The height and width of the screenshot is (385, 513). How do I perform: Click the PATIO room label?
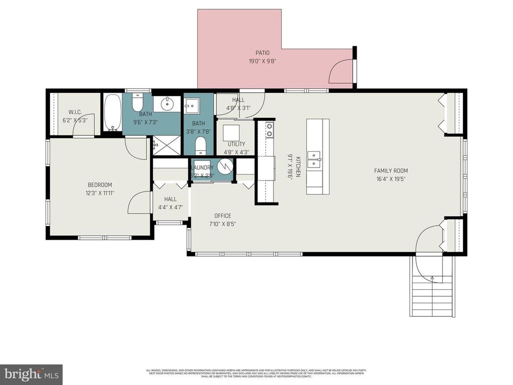pyautogui.click(x=263, y=53)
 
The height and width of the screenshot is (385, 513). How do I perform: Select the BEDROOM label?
pyautogui.click(x=100, y=184)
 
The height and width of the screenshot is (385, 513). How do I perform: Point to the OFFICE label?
pyautogui.click(x=222, y=216)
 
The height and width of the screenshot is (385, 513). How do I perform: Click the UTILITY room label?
pyautogui.click(x=236, y=144)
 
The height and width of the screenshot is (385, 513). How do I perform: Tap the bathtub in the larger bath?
pyautogui.click(x=112, y=112)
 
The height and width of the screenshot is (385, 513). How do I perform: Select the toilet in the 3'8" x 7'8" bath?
pyautogui.click(x=199, y=146)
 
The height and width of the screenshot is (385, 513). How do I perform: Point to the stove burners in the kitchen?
pyautogui.click(x=269, y=130)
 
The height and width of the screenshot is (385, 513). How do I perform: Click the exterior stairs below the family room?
pyautogui.click(x=432, y=296)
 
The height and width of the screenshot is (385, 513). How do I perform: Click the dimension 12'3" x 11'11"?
pyautogui.click(x=100, y=192)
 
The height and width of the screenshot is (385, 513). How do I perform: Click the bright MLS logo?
pyautogui.click(x=31, y=374)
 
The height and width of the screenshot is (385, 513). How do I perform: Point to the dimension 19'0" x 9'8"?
pyautogui.click(x=263, y=61)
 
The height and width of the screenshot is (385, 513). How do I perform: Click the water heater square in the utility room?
pyautogui.click(x=231, y=132)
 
